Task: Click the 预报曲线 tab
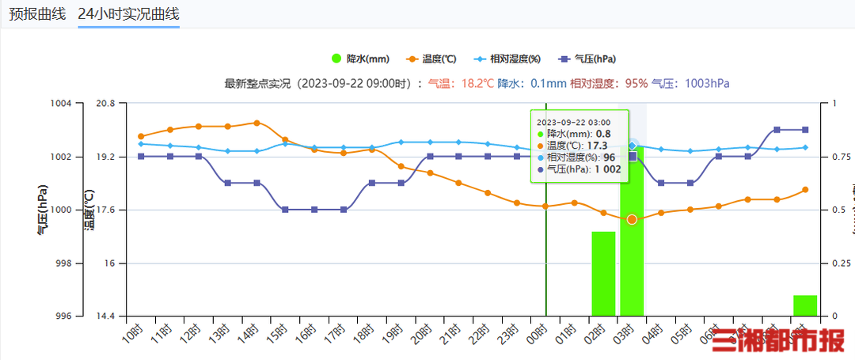click(x=37, y=14)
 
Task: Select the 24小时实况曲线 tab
click(x=128, y=14)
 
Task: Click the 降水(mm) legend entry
click(x=360, y=59)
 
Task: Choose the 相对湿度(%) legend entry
click(x=507, y=59)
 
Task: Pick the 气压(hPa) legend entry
click(x=587, y=59)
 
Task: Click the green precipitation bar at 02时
click(x=603, y=274)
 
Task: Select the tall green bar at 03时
click(x=632, y=237)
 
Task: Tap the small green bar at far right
click(x=804, y=305)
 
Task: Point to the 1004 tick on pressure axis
click(x=61, y=104)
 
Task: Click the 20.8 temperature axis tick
click(x=105, y=104)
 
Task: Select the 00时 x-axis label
click(x=539, y=333)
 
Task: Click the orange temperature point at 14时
click(x=256, y=123)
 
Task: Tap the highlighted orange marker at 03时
click(x=632, y=218)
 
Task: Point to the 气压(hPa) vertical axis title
click(x=42, y=210)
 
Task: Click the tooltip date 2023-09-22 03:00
click(x=573, y=122)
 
